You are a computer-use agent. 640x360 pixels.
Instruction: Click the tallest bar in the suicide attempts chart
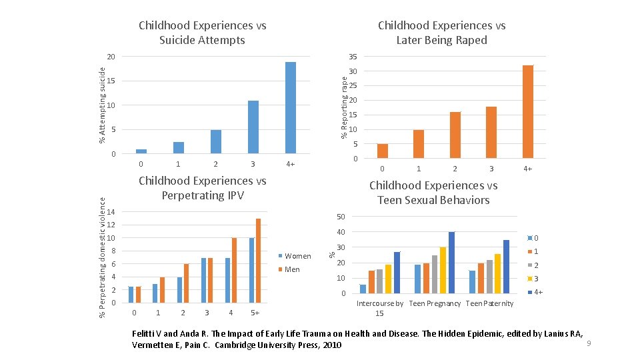point(290,107)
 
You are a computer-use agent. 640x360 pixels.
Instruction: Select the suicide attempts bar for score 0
point(141,151)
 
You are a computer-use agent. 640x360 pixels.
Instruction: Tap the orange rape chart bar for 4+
point(527,111)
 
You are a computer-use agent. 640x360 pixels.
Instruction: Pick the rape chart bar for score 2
point(455,135)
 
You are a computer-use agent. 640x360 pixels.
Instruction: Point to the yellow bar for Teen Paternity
point(497,273)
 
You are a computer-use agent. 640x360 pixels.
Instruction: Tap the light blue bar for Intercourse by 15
point(363,289)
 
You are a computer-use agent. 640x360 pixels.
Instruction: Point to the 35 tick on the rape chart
point(353,57)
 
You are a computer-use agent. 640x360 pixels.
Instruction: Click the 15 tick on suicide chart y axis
point(111,81)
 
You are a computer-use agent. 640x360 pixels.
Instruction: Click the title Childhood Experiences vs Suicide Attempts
point(202,33)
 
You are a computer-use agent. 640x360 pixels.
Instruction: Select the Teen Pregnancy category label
point(435,304)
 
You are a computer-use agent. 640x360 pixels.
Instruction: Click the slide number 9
point(589,343)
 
